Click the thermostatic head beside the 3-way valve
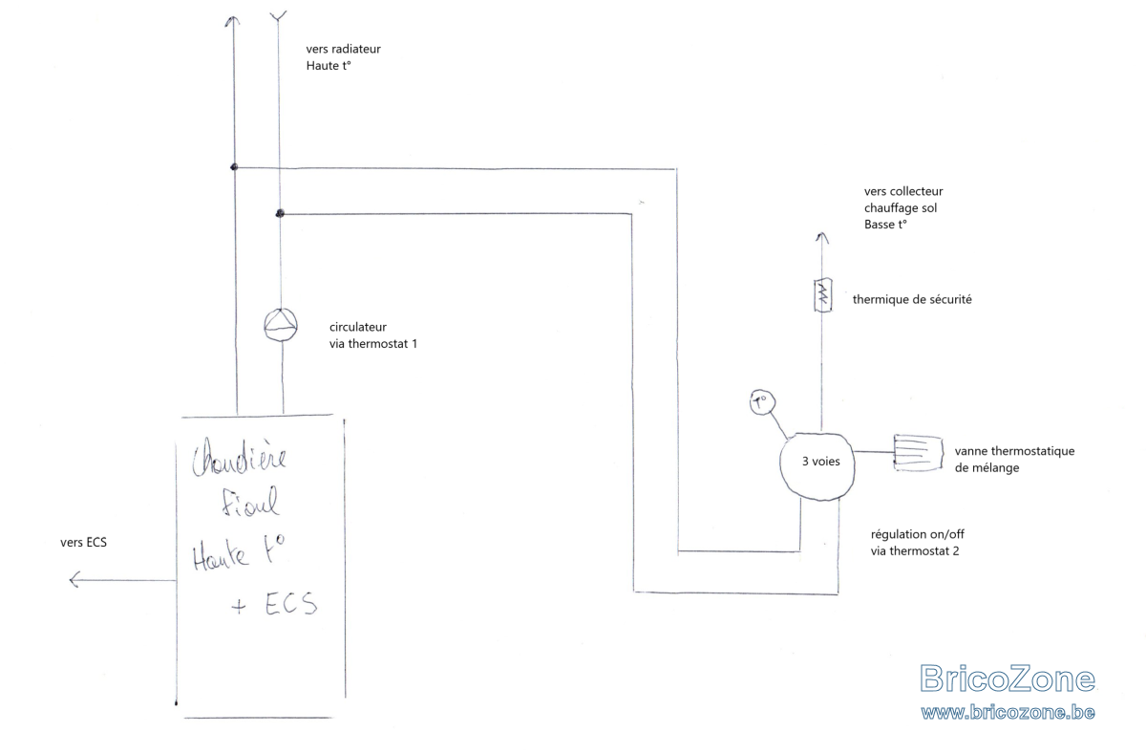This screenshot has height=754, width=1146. [x=918, y=453]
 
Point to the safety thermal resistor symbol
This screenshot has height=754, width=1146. [x=822, y=295]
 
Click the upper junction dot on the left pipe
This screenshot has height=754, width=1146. [x=234, y=167]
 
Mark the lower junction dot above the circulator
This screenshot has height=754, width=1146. [x=279, y=213]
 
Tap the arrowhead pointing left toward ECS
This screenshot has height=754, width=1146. [x=74, y=580]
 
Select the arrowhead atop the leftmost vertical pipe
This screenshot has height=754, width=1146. [x=233, y=21]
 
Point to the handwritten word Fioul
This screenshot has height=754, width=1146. [x=250, y=502]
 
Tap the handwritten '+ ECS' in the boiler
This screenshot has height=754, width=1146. [x=274, y=604]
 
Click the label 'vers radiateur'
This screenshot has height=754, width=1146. [x=343, y=49]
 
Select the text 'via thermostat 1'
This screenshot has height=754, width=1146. [x=373, y=344]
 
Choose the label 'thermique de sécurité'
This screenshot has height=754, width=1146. [x=912, y=299]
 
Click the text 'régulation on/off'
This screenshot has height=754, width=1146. [x=918, y=534]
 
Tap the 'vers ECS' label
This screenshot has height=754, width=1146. [x=83, y=543]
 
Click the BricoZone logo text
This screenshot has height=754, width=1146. [x=1008, y=679]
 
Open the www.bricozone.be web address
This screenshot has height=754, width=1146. [x=1008, y=712]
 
